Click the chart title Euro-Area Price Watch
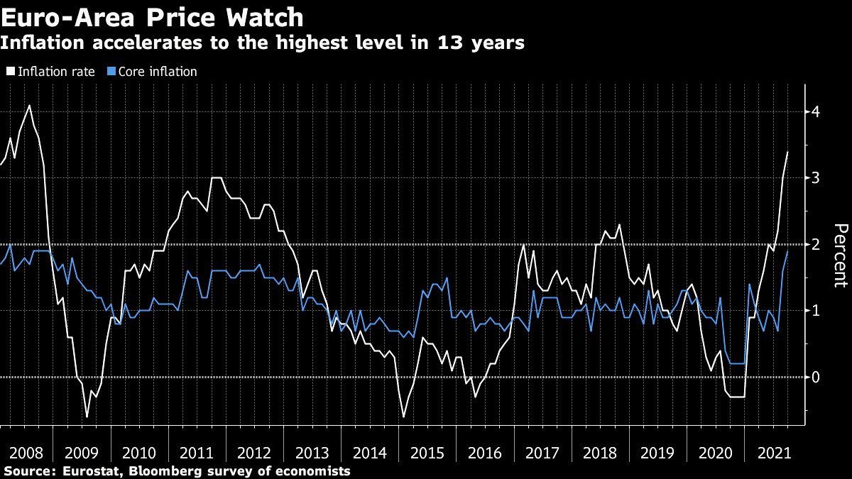click(x=152, y=16)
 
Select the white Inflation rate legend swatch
click(x=10, y=72)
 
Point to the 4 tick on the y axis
click(x=816, y=111)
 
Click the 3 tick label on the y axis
click(x=816, y=177)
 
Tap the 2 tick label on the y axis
click(x=816, y=244)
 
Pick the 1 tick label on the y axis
click(x=816, y=311)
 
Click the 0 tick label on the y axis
click(x=816, y=377)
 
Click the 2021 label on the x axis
click(x=772, y=452)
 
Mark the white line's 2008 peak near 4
click(x=29, y=105)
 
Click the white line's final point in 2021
click(x=787, y=152)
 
